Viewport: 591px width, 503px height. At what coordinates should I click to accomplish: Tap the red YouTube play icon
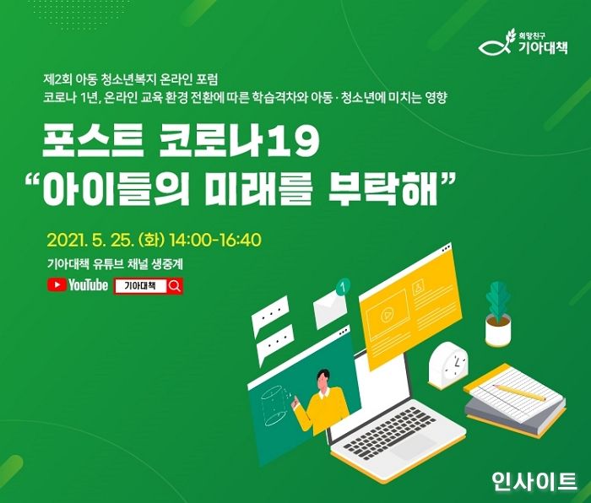pyautogui.click(x=57, y=285)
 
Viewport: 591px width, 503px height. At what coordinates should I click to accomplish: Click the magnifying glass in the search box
pyautogui.click(x=174, y=286)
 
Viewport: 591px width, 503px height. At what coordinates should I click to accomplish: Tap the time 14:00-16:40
pyautogui.click(x=215, y=239)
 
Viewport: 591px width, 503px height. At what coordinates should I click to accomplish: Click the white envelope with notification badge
pyautogui.click(x=330, y=311)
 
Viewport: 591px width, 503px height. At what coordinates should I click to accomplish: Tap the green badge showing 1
pyautogui.click(x=342, y=288)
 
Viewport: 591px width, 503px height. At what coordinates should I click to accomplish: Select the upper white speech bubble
pyautogui.click(x=272, y=315)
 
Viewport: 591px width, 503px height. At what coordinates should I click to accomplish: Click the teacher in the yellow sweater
pyautogui.click(x=322, y=404)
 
